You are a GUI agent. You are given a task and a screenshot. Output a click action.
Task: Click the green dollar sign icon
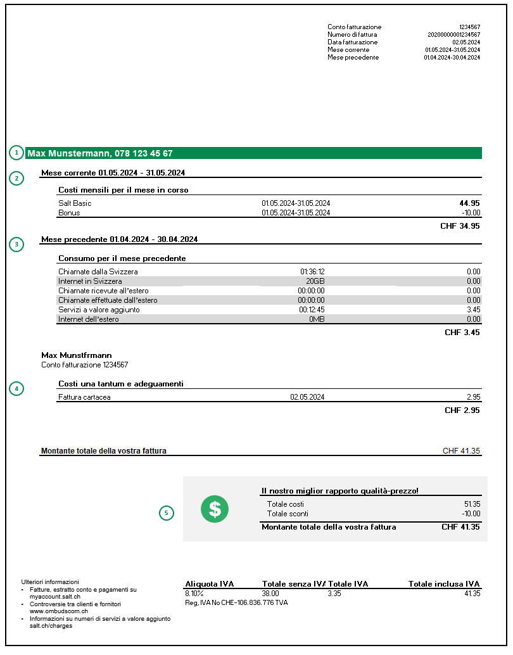click(x=215, y=508)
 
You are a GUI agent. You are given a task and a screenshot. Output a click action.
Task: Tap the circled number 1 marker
click(x=16, y=153)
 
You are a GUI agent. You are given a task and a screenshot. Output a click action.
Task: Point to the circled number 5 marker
click(x=166, y=513)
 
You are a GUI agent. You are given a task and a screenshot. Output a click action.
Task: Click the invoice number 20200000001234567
click(x=453, y=35)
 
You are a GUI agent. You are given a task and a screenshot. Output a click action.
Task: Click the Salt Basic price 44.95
click(x=469, y=203)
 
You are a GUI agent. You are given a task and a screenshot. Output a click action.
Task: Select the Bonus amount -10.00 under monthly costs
click(x=469, y=213)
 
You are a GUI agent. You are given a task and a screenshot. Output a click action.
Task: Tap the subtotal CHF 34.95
click(x=460, y=226)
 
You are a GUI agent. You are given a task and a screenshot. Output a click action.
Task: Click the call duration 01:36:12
click(x=312, y=272)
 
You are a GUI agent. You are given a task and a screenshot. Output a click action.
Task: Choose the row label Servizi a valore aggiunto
click(x=99, y=310)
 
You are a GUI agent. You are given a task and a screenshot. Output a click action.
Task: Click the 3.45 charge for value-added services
click(x=473, y=310)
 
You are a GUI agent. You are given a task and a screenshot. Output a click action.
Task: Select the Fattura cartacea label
click(x=89, y=398)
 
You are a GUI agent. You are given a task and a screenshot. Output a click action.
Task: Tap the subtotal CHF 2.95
click(x=462, y=410)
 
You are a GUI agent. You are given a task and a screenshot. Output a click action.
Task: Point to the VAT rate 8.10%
click(x=194, y=594)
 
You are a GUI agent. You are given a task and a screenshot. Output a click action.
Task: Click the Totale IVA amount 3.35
click(x=334, y=594)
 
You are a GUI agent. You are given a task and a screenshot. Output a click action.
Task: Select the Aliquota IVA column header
click(x=209, y=584)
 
